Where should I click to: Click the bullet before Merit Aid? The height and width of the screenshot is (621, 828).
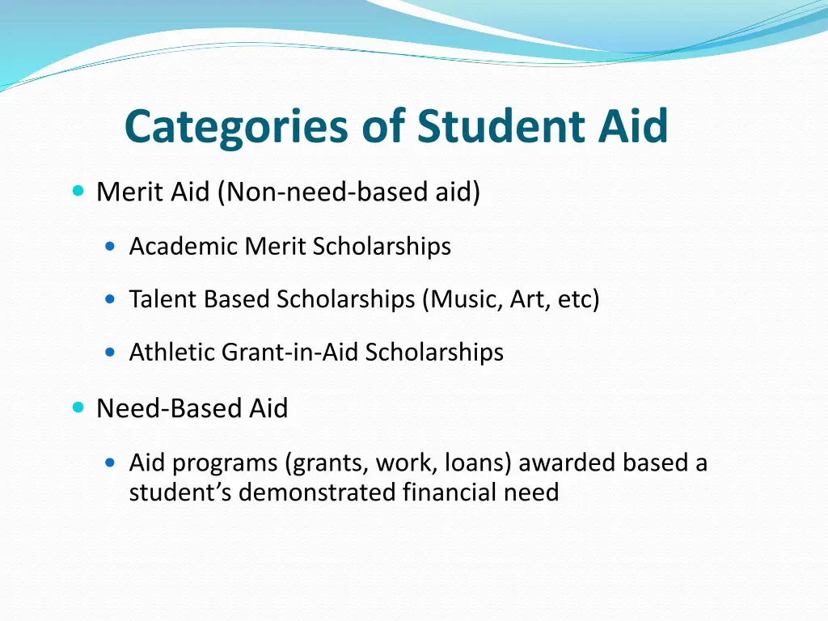(x=78, y=192)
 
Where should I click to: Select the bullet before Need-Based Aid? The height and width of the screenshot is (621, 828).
(x=78, y=408)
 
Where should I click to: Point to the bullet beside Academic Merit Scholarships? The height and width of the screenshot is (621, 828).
(x=112, y=246)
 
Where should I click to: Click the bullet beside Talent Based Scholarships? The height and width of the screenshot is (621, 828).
(x=112, y=299)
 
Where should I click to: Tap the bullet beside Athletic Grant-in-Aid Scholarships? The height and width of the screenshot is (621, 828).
(x=112, y=352)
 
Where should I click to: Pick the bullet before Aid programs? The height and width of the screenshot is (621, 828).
(x=112, y=463)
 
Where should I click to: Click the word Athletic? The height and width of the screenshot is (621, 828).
(x=172, y=352)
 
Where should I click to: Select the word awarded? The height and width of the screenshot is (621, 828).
(x=567, y=463)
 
